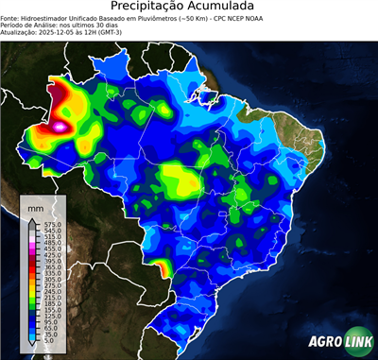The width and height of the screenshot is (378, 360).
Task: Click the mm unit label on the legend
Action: click(x=36, y=206)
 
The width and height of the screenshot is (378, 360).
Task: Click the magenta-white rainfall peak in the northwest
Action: click(x=62, y=124)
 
